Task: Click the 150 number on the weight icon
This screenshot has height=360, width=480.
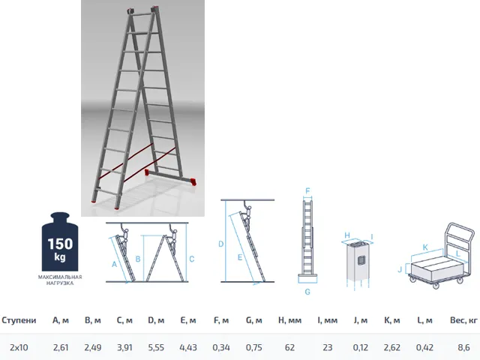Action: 60,244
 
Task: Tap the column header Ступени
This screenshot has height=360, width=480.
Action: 19,320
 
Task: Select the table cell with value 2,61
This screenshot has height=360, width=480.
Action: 61,348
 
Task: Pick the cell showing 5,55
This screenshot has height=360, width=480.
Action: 156,348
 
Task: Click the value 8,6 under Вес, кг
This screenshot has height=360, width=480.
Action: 463,348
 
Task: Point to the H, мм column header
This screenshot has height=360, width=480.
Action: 290,320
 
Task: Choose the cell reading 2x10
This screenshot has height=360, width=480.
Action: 19,348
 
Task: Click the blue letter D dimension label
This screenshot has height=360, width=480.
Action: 221,244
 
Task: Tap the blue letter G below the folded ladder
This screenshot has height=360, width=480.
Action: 307,292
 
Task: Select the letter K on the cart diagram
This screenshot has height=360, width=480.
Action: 425,247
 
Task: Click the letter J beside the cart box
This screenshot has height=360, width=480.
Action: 400,269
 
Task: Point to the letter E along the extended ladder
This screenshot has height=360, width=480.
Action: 240,257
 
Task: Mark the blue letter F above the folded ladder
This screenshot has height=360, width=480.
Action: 307,191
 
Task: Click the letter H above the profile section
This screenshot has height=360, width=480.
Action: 347,235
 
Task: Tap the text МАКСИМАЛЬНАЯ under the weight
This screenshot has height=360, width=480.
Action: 60,277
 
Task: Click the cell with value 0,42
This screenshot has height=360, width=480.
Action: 424,348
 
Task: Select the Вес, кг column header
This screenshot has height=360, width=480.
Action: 463,320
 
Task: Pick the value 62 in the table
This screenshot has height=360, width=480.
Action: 289,348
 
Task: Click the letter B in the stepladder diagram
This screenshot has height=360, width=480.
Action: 138,259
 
